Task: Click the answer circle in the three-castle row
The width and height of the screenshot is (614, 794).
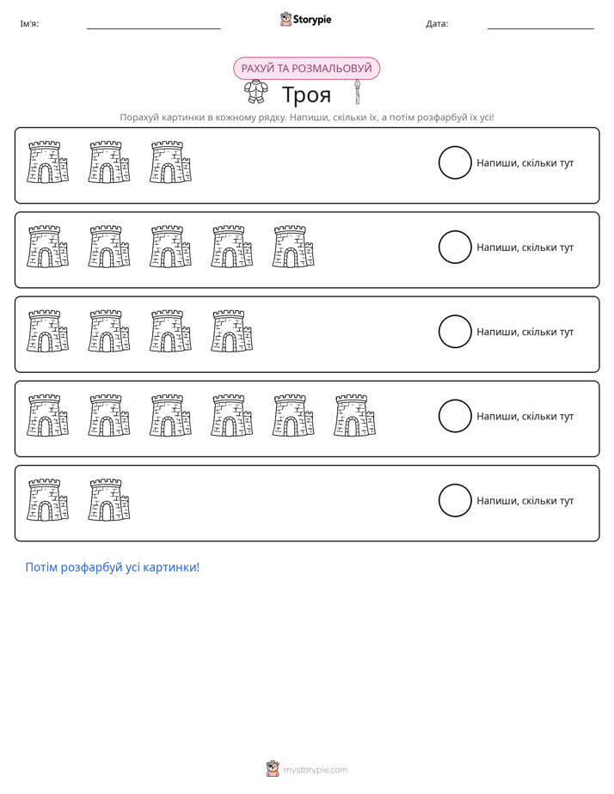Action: (x=439, y=162)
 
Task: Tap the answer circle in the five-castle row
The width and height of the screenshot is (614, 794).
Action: (x=439, y=247)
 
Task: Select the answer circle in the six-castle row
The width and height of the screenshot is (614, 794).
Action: (x=439, y=416)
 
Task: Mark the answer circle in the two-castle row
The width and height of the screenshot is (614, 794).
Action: (x=439, y=500)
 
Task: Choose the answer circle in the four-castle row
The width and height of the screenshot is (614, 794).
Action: (x=439, y=332)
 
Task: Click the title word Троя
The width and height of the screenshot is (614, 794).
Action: (x=306, y=95)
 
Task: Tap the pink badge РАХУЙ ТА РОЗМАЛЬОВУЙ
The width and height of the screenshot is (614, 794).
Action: (x=306, y=69)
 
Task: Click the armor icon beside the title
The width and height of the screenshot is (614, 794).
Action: (x=256, y=93)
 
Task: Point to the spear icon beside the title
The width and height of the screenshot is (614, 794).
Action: (x=357, y=92)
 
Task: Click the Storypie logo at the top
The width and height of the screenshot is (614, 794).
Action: (x=305, y=19)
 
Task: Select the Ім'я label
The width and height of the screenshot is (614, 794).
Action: (x=29, y=24)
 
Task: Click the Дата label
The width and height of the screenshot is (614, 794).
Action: (x=437, y=24)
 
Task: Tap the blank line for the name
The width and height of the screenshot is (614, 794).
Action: (x=153, y=29)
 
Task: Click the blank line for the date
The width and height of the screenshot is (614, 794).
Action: (x=541, y=29)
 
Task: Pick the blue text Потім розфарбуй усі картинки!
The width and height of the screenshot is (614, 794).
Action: (x=113, y=567)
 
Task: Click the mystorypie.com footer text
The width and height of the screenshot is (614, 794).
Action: (x=315, y=770)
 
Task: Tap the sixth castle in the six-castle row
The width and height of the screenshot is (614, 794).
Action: (x=354, y=415)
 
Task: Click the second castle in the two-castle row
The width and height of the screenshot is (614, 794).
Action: (x=109, y=500)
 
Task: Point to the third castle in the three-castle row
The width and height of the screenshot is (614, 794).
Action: (x=171, y=162)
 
